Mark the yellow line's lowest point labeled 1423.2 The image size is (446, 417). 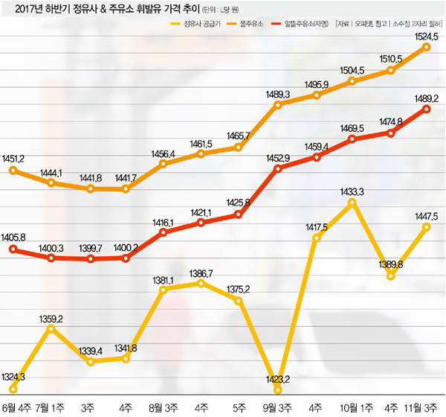tap(277, 389)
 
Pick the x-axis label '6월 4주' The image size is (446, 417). tap(16, 407)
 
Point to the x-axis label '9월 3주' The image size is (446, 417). tap(277, 407)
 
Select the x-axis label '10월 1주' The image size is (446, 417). tap(352, 407)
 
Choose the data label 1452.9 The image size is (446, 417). tap(277, 159)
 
